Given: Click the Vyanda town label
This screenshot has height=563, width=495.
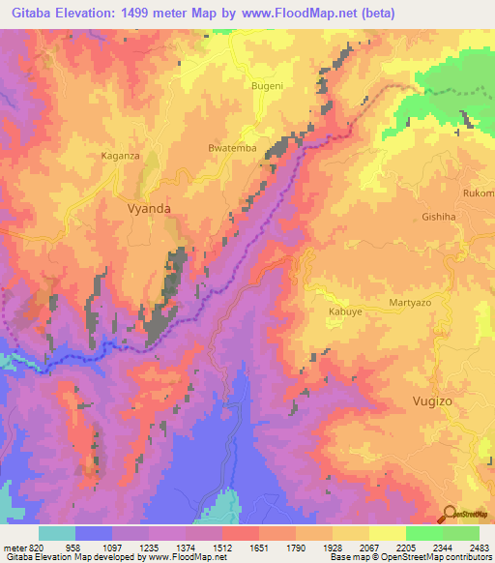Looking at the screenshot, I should pos(148,207).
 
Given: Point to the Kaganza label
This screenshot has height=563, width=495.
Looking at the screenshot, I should pos(122,155).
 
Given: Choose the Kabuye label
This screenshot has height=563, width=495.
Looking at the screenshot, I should pos(344,313).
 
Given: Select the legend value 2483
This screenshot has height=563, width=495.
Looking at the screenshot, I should pos(479,548).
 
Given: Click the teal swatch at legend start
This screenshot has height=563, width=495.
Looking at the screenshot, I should pos(57,533).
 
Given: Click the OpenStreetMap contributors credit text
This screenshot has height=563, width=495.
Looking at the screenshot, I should pos(425,557).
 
